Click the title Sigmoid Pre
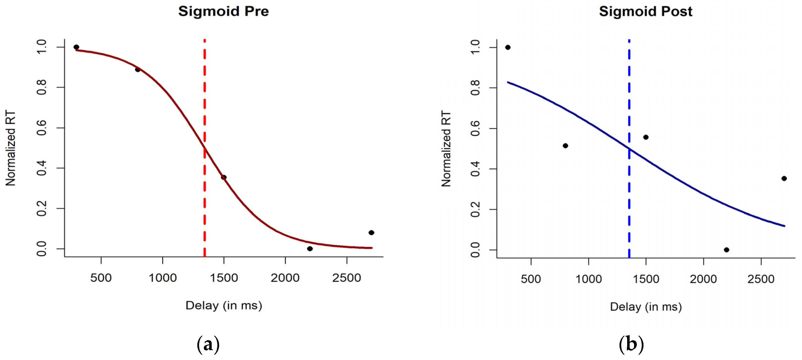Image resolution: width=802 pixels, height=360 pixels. [x=223, y=12]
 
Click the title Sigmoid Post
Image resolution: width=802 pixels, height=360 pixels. [x=645, y=12]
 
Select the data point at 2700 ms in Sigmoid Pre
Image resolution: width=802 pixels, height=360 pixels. [x=371, y=233]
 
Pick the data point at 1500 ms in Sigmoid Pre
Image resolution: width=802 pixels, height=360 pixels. [x=224, y=177]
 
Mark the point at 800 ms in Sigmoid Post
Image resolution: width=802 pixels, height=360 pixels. [x=565, y=146]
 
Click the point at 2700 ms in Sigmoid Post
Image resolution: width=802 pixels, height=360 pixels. [x=784, y=178]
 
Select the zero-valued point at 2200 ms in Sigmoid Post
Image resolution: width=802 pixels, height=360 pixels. [x=726, y=250]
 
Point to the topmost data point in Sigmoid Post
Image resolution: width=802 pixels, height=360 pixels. [x=508, y=47]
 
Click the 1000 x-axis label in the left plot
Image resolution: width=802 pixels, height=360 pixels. [x=162, y=277]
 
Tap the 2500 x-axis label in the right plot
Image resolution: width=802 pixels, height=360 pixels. [x=761, y=279]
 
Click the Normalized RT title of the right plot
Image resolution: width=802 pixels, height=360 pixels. [x=446, y=148]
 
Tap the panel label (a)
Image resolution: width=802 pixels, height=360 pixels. [x=208, y=344]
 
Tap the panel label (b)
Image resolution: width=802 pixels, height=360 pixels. [x=631, y=344]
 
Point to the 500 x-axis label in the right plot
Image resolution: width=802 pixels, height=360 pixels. [x=530, y=279]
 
